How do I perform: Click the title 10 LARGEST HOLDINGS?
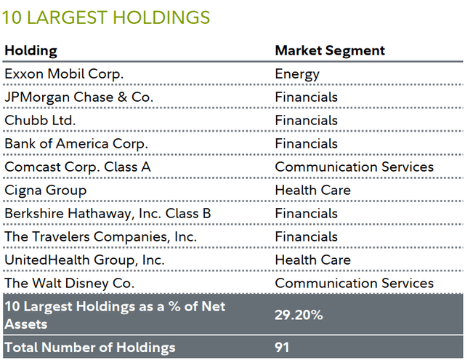click(x=107, y=17)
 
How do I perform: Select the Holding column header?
click(x=31, y=51)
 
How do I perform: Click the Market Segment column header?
click(x=329, y=51)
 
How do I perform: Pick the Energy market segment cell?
click(x=297, y=74)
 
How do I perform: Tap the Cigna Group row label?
click(x=45, y=191)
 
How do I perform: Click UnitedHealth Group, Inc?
click(x=84, y=260)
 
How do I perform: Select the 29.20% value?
click(x=300, y=315)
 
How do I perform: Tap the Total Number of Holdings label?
click(x=90, y=347)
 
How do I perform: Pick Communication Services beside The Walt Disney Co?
click(x=354, y=284)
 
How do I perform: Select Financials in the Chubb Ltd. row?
click(x=306, y=121)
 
